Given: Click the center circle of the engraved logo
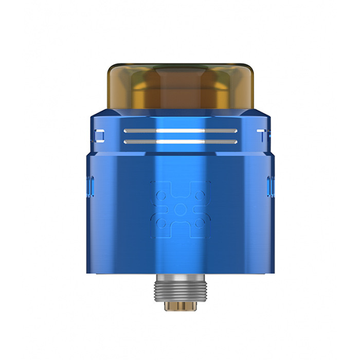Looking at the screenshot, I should (x=180, y=209).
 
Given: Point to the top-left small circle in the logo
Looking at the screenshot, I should (x=161, y=196).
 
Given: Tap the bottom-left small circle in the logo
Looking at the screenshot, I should (x=161, y=223).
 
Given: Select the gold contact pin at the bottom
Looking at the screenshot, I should (x=180, y=307).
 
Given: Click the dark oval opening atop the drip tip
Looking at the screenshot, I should (x=179, y=68).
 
